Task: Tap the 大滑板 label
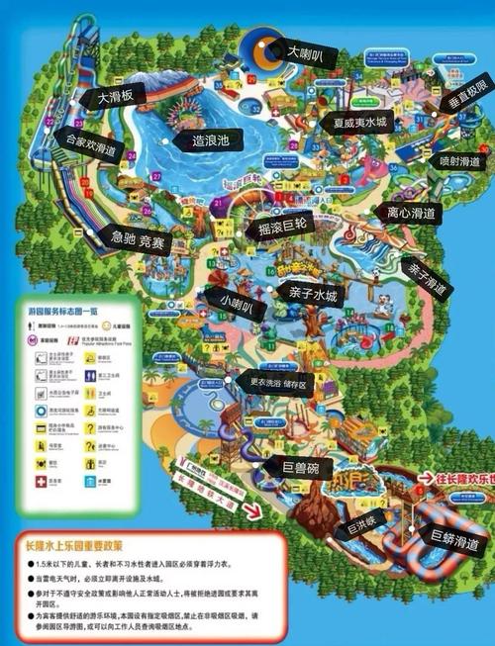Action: pyautogui.click(x=121, y=96)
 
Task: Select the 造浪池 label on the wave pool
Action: pyautogui.click(x=209, y=141)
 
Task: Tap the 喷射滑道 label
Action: pyautogui.click(x=459, y=160)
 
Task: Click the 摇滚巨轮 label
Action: pyautogui.click(x=289, y=229)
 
